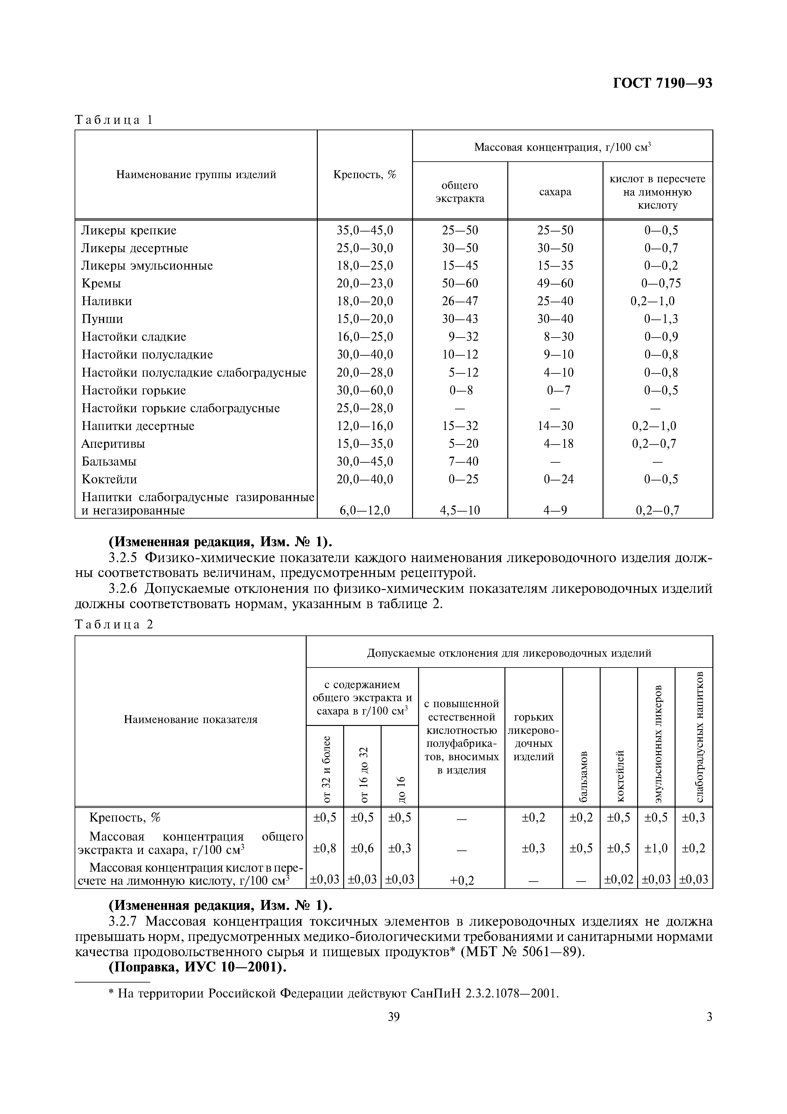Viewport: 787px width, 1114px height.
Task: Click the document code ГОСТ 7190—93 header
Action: click(x=662, y=84)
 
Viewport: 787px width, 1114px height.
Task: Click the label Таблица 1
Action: click(x=113, y=120)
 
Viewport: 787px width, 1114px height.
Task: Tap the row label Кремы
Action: click(x=101, y=283)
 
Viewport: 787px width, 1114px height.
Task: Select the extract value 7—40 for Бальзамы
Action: click(x=460, y=461)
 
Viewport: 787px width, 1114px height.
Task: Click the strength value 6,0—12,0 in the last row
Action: click(x=365, y=510)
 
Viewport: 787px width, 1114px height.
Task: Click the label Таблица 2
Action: click(x=113, y=625)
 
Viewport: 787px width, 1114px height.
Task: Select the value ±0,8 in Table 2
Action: click(x=324, y=848)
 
